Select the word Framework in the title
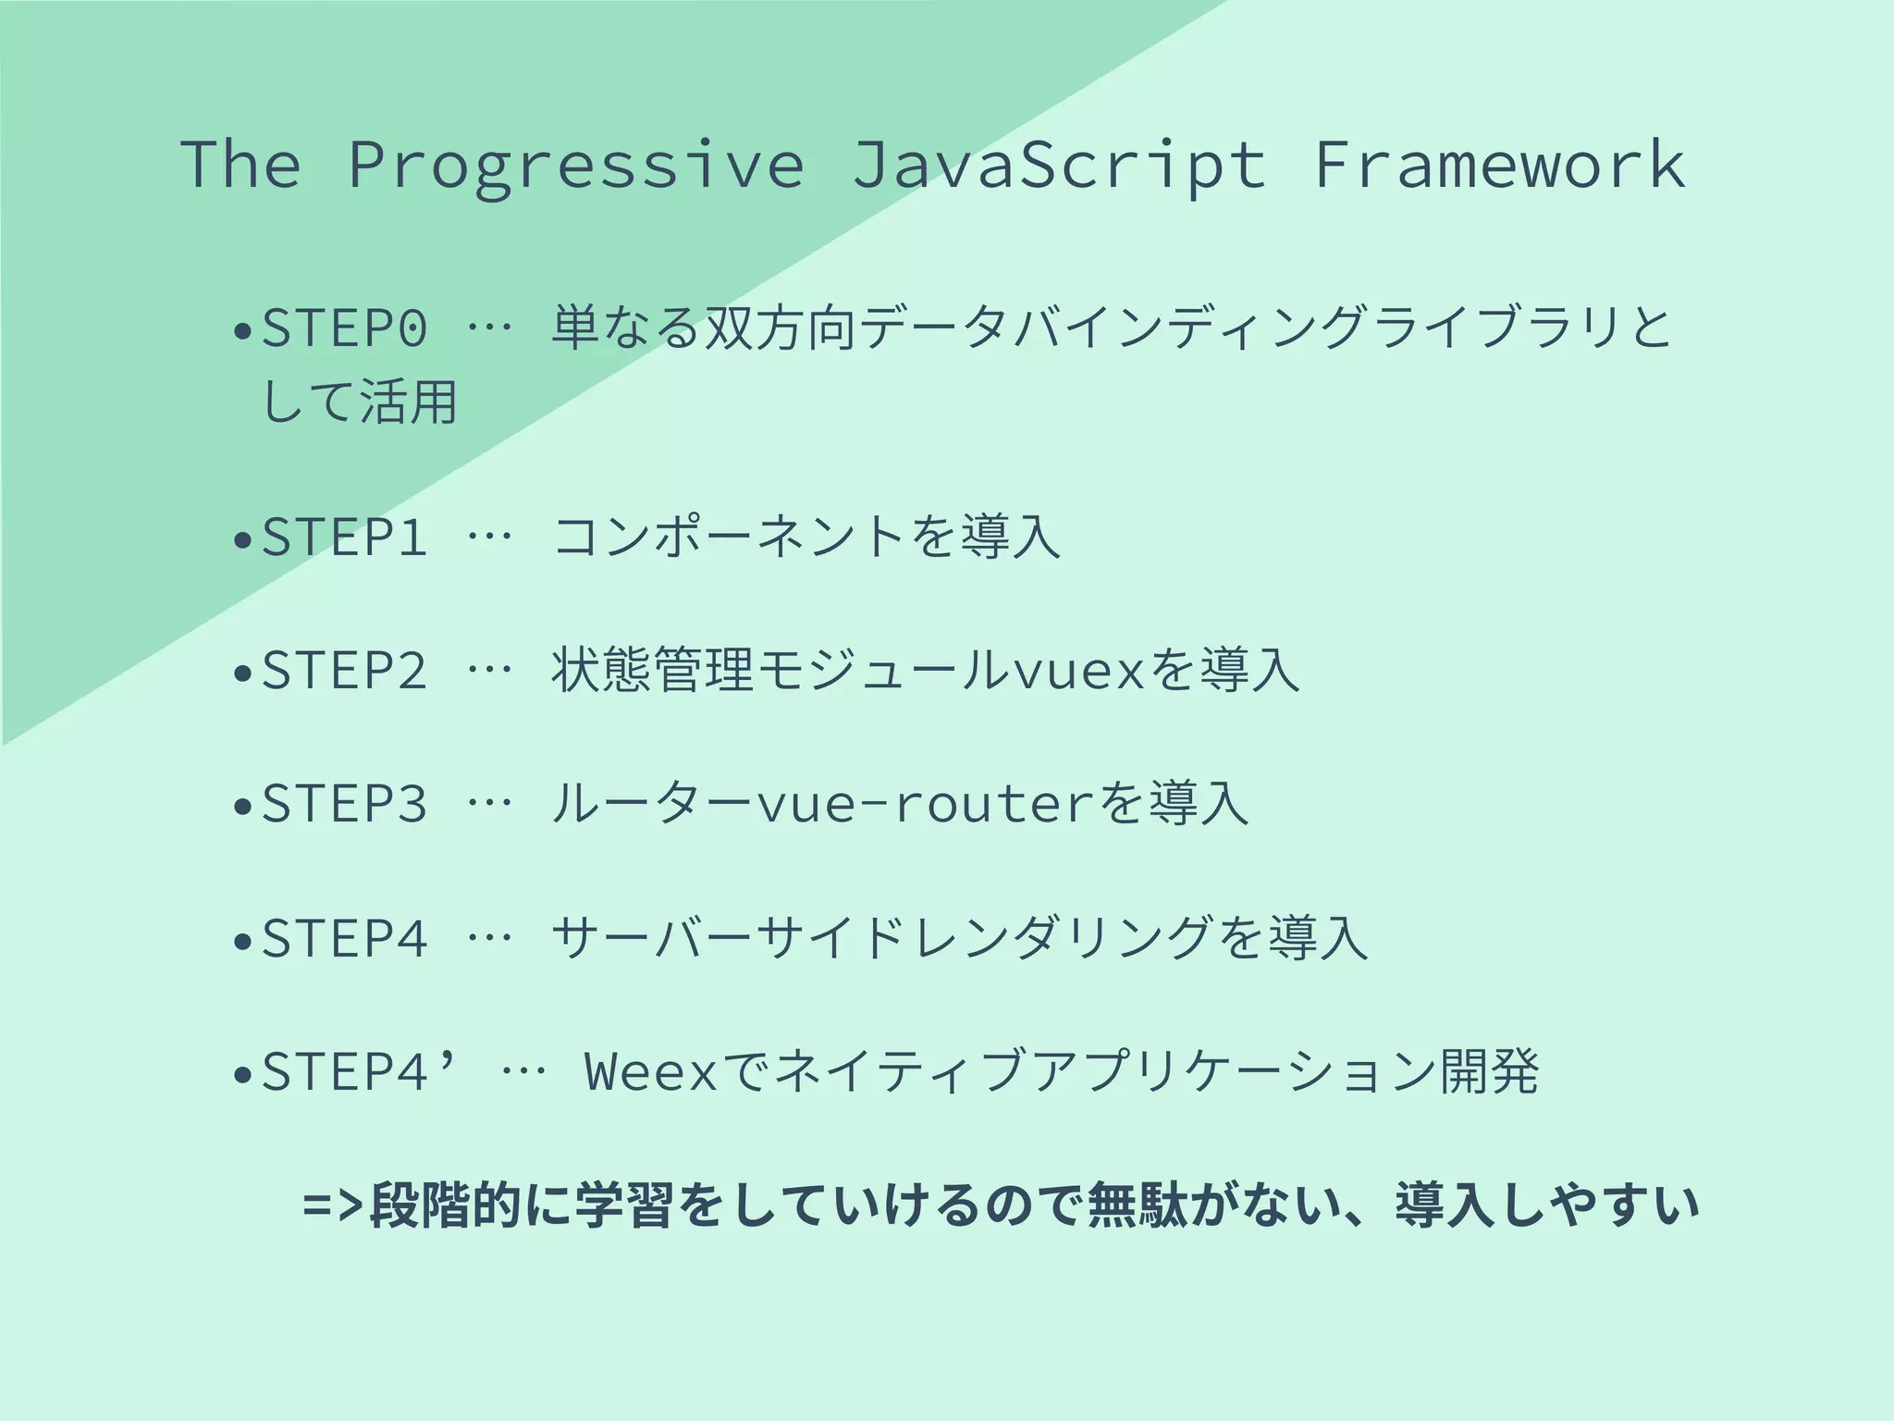point(1500,165)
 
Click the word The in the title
point(240,165)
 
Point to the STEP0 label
point(345,327)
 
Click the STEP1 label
point(345,537)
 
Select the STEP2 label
point(345,670)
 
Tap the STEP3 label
point(345,803)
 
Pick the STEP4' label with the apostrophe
point(361,1071)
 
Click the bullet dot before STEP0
point(243,330)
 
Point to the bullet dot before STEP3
point(243,807)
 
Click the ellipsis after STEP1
point(489,538)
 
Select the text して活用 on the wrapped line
point(361,403)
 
